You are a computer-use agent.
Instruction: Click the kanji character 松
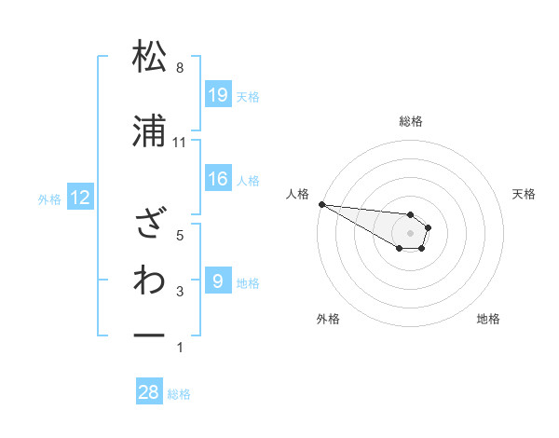149,57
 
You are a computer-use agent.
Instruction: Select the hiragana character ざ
149,223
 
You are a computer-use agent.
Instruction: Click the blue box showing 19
217,95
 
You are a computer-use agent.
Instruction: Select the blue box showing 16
217,179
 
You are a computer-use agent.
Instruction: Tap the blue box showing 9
217,281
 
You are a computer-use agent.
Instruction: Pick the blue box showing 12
79,198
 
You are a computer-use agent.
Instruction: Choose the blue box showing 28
149,393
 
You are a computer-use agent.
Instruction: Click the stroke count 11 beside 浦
180,143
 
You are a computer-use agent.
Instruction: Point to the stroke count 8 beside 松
180,68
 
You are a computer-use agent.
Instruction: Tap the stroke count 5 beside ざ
180,235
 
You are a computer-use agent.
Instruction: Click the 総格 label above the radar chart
411,121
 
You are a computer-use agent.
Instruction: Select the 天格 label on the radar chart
524,194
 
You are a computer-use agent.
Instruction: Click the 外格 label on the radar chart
328,319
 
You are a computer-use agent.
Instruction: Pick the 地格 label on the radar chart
488,319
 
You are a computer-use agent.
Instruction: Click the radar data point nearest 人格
320,204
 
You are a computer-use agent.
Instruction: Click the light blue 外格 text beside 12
49,198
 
